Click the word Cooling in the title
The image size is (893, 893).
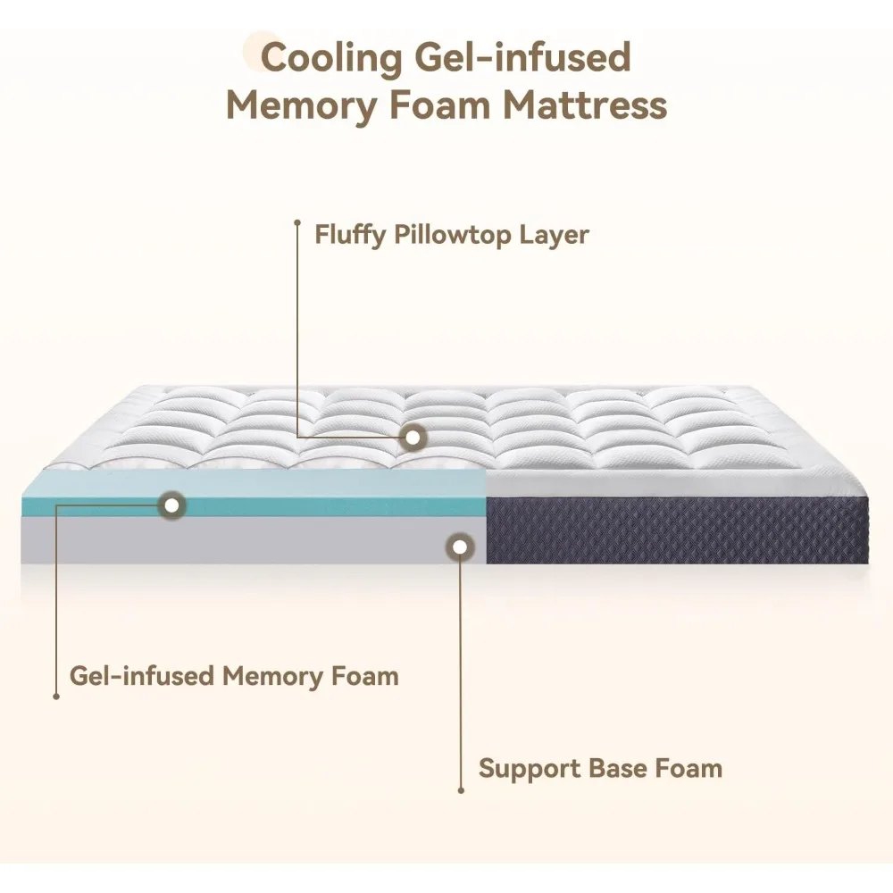point(331,58)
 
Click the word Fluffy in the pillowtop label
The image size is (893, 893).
point(349,235)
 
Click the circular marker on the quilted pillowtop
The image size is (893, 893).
point(413,438)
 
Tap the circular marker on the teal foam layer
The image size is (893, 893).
point(171,505)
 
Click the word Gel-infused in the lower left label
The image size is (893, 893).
point(142,675)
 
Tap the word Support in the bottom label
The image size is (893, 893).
point(529,768)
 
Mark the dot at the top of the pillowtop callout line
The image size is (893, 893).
point(297,222)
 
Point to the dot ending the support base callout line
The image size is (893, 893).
point(461,789)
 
